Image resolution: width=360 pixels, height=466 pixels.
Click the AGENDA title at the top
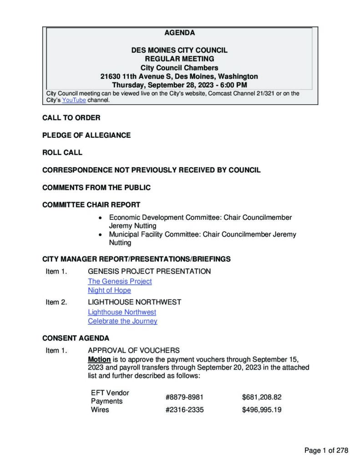pos(179,33)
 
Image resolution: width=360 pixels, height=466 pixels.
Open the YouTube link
pos(74,100)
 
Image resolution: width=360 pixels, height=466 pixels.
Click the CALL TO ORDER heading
pos(71,118)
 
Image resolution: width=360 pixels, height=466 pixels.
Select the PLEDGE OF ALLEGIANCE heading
pos(86,135)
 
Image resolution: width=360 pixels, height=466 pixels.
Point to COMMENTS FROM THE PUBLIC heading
pos(96,187)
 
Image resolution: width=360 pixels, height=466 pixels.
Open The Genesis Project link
pos(120,281)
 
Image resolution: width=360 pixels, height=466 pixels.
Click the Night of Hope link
pos(109,290)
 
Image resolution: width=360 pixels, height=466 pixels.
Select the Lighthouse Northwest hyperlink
pos(122,312)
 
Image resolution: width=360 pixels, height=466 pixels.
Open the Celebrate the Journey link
pos(122,321)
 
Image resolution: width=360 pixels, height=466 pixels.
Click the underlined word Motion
pos(99,359)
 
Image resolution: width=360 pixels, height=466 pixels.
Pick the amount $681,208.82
pos(262,397)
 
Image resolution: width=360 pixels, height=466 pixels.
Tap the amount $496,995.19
pos(262,410)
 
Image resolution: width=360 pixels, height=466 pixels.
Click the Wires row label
pos(100,410)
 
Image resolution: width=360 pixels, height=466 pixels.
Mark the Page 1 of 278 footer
pos(326,451)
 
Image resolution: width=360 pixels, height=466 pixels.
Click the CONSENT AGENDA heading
pos(76,339)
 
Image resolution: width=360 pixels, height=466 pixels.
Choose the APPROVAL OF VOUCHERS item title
pos(133,350)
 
